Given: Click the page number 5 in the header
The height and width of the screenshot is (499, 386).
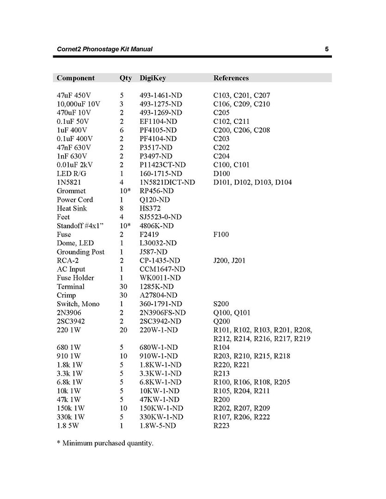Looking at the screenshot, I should pyautogui.click(x=326, y=49).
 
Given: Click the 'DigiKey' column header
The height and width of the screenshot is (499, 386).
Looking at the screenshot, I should pyautogui.click(x=153, y=78).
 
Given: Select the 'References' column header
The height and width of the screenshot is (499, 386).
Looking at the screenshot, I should pyautogui.click(x=231, y=78).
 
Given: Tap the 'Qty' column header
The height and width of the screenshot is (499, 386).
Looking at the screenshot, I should pyautogui.click(x=125, y=78).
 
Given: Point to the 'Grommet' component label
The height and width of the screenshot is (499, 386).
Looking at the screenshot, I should pyautogui.click(x=71, y=191).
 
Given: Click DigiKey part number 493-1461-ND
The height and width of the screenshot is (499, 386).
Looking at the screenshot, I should pyautogui.click(x=161, y=96).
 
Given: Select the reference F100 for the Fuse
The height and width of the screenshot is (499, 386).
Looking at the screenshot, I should pyautogui.click(x=221, y=235).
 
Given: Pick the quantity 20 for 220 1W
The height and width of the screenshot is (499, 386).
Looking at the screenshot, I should pyautogui.click(x=123, y=330).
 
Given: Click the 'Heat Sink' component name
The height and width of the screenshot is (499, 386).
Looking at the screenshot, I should pyautogui.click(x=72, y=208).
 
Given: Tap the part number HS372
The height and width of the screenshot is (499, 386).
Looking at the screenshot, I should pyautogui.click(x=151, y=208).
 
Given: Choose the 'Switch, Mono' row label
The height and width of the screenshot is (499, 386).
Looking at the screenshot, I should pyautogui.click(x=78, y=304).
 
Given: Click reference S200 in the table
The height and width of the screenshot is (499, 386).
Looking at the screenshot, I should pyautogui.click(x=221, y=304).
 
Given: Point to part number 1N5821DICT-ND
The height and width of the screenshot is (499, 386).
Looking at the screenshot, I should pyautogui.click(x=167, y=183).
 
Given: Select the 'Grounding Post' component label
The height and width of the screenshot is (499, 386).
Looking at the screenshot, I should pyautogui.click(x=80, y=252).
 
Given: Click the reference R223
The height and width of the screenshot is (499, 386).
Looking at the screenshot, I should pyautogui.click(x=221, y=426).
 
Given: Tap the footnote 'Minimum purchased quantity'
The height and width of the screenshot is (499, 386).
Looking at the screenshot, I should pyautogui.click(x=108, y=444).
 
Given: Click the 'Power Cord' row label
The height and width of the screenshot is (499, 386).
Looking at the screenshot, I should pyautogui.click(x=75, y=200).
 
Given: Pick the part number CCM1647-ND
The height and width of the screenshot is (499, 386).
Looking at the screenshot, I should pyautogui.click(x=162, y=269).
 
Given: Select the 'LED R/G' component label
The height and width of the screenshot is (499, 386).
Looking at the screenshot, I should pyautogui.click(x=71, y=174).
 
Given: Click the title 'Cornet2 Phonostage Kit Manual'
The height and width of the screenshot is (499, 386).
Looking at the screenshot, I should pyautogui.click(x=104, y=49).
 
